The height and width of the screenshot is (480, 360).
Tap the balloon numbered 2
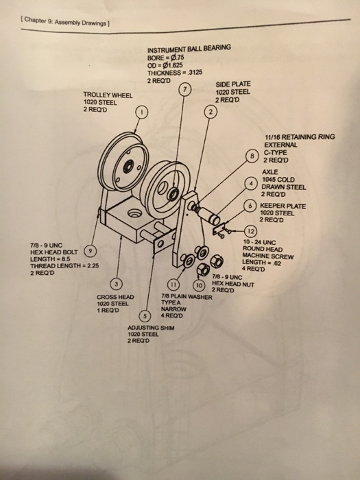pyautogui.click(x=208, y=112)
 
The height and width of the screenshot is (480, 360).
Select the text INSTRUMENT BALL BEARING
pyautogui.click(x=189, y=47)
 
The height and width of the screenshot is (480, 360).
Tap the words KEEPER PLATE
pyautogui.click(x=283, y=206)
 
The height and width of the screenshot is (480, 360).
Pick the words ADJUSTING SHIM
pyautogui.click(x=153, y=328)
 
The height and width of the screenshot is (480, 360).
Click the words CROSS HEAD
pyautogui.click(x=115, y=297)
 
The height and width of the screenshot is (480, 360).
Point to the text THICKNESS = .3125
pyautogui.click(x=180, y=73)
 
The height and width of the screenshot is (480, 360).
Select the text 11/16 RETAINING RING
pyautogui.click(x=299, y=137)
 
